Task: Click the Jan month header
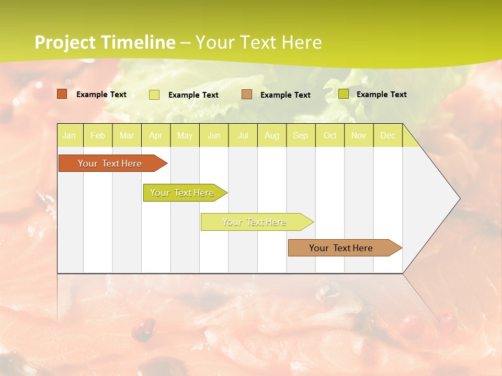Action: (69, 136)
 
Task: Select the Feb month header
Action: (98, 136)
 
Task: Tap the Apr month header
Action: (156, 136)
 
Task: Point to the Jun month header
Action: (214, 136)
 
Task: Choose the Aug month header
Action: (272, 136)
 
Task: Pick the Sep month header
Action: (301, 136)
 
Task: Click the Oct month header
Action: (330, 136)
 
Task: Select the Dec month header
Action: (388, 136)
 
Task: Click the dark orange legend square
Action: (62, 94)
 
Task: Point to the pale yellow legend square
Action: (154, 95)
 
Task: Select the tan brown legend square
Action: (247, 95)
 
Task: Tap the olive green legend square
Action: (344, 94)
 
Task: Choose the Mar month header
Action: (127, 136)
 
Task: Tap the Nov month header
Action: (359, 136)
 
